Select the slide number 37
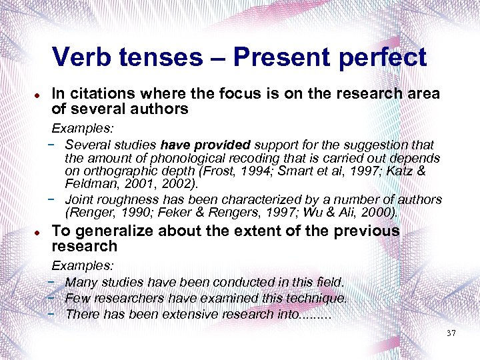click(451, 333)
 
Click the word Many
click(81, 283)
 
